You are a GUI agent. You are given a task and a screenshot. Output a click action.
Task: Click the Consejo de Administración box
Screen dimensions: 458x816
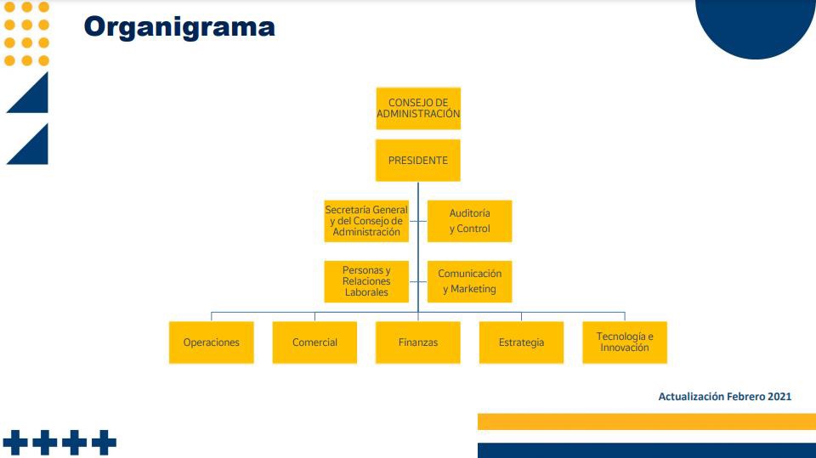[x=417, y=108]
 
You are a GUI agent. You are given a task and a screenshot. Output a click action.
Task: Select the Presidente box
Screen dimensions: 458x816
[x=417, y=160]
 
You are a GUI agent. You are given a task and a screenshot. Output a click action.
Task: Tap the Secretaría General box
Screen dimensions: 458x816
[x=366, y=221]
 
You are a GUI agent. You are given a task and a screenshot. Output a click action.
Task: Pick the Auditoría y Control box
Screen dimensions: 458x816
[x=469, y=221]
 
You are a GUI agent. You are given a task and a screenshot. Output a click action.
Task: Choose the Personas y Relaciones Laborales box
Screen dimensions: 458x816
[x=366, y=281]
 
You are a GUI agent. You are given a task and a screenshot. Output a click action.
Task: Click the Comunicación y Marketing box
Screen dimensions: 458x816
[x=469, y=281]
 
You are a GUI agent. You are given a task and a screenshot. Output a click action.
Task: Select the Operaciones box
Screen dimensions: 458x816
[x=211, y=342]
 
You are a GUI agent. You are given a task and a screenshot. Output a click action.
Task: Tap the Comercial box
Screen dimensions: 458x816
[x=314, y=342]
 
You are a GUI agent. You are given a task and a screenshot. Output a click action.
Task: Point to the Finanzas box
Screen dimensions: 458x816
[x=417, y=342]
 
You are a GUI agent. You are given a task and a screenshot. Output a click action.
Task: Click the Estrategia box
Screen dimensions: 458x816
[x=521, y=342]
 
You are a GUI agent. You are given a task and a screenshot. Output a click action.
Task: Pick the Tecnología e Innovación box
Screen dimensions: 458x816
[x=625, y=342]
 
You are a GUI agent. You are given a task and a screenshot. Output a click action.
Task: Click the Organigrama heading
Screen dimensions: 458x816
[x=179, y=27]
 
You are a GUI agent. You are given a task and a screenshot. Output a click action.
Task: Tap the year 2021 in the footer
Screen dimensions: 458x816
[x=779, y=397]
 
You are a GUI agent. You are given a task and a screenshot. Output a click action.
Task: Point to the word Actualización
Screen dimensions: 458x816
[x=691, y=397]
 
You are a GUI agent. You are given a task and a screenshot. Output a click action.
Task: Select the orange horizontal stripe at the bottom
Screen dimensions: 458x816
[x=646, y=421]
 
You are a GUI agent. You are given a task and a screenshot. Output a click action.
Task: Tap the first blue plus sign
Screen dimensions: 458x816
[x=14, y=442]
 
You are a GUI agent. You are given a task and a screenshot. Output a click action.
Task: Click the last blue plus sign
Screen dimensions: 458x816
[x=104, y=442]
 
